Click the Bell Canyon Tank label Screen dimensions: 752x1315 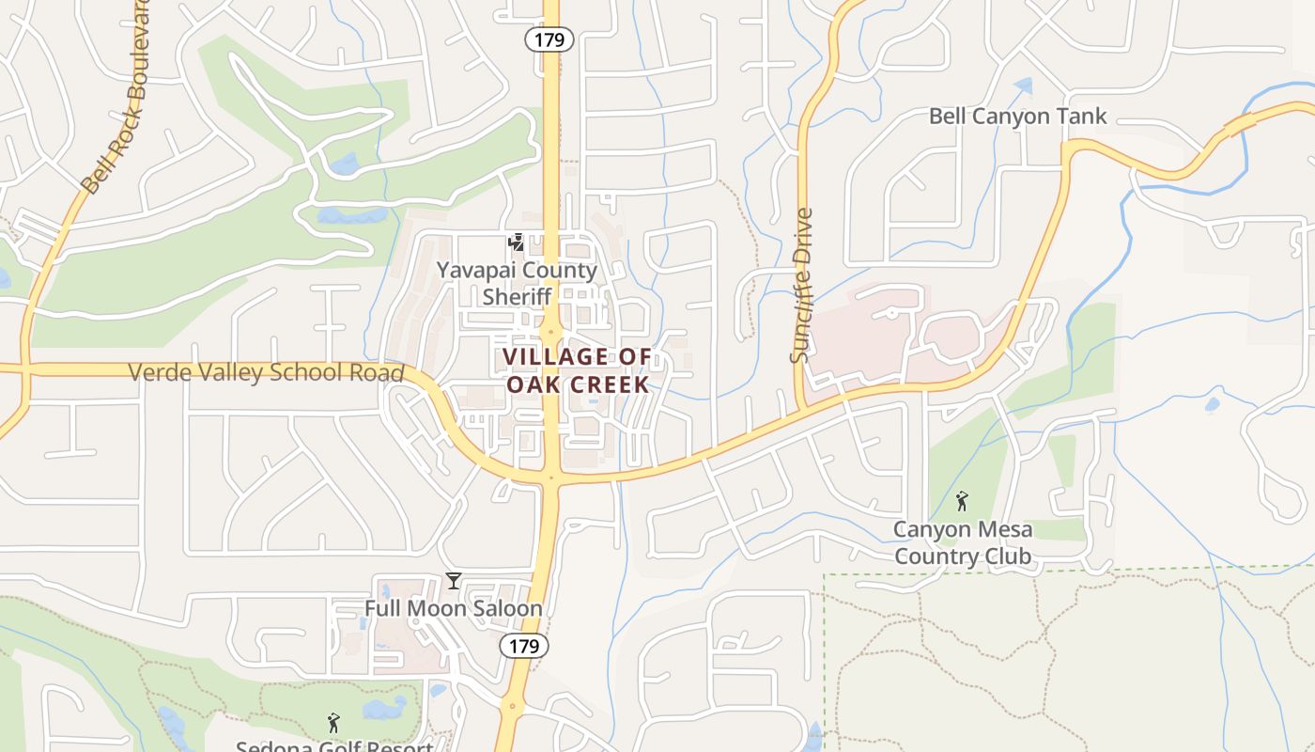tap(1018, 117)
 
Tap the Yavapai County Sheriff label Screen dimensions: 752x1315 tap(516, 283)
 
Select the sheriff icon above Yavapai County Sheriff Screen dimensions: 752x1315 tap(516, 243)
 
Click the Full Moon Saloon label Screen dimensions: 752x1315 tap(454, 608)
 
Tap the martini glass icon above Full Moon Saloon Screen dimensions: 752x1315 tap(454, 581)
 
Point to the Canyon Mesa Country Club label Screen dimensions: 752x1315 tap(962, 542)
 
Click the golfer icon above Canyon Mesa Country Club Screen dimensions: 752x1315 tap(961, 501)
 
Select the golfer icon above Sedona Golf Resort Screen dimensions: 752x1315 tap(333, 723)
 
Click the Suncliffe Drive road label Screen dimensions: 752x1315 tap(801, 285)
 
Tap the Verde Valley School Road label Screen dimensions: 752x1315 tap(266, 372)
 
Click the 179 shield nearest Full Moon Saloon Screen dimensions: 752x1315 tap(523, 646)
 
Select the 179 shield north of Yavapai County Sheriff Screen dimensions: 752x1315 tap(549, 39)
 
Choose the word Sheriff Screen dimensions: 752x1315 tap(516, 297)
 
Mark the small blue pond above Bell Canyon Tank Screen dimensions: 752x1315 tap(1023, 86)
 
